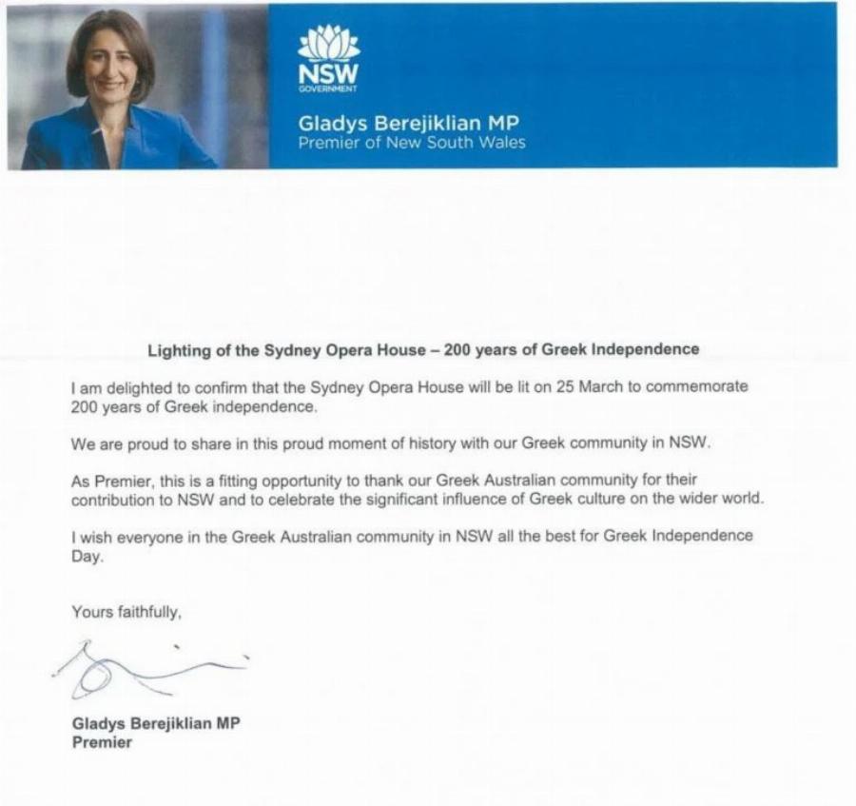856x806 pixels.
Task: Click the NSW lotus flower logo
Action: [328, 44]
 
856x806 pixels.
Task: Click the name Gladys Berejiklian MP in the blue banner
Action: [410, 124]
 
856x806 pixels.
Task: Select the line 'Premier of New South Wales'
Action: [411, 143]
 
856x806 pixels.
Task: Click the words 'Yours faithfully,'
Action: [126, 613]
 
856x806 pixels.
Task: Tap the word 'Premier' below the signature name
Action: [102, 742]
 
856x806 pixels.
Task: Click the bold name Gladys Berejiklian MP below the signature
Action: [156, 723]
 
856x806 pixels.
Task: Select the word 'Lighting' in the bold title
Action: [178, 349]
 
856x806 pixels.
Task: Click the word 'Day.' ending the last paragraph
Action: [87, 558]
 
